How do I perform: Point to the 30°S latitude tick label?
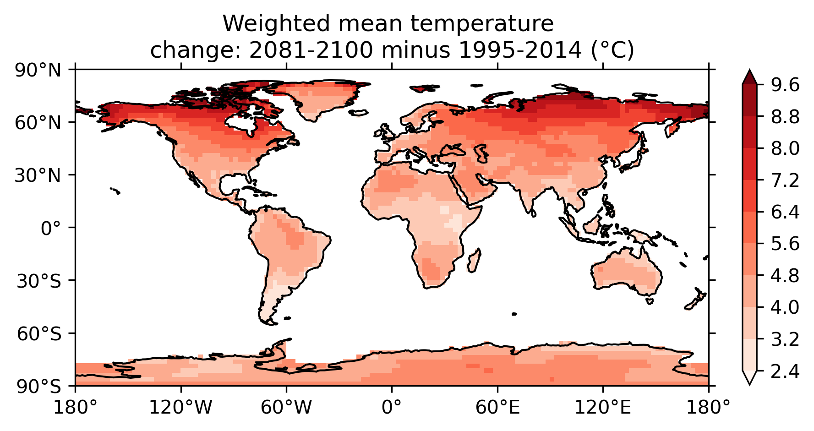pos(38,281)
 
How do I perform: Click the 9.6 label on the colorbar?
pos(785,85)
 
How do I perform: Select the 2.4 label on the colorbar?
pos(785,371)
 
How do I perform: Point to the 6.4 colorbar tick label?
pos(785,212)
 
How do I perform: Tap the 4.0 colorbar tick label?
pos(785,307)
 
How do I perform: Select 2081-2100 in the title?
pos(311,50)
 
